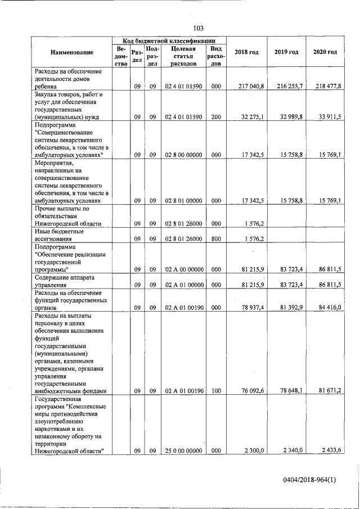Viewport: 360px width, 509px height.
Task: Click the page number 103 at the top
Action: click(197, 29)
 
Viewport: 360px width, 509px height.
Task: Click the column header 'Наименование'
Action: click(71, 52)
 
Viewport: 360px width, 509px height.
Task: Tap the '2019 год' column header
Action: click(286, 52)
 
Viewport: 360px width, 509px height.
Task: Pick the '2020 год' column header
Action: click(325, 52)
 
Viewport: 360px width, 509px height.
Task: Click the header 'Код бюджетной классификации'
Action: click(169, 41)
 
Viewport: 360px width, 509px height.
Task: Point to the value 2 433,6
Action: click(330, 451)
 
